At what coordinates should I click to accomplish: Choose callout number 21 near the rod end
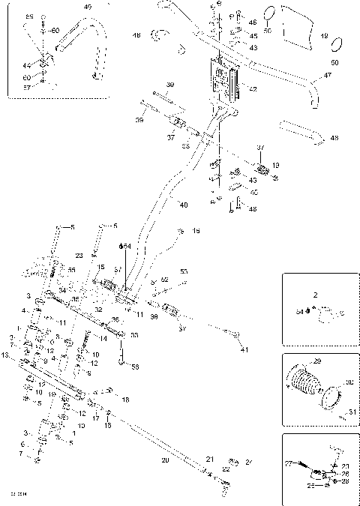(210, 458)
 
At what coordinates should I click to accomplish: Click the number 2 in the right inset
(315, 296)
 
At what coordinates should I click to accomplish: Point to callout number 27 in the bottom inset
(289, 464)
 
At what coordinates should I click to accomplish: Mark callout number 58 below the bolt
(135, 367)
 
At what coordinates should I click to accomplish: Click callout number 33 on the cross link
(135, 335)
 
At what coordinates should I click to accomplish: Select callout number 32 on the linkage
(97, 308)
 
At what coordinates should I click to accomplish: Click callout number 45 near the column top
(253, 35)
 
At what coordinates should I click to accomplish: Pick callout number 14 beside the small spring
(103, 339)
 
